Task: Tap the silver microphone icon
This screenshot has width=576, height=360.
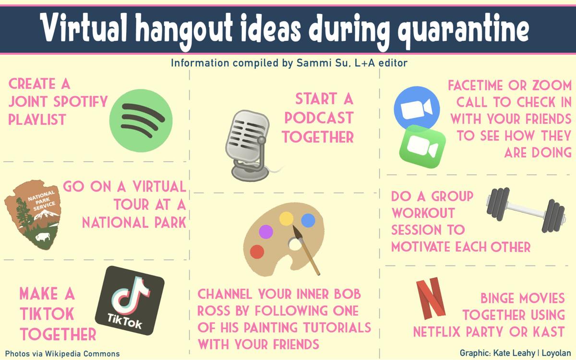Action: [248, 144]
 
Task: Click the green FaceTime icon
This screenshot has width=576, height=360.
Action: [422, 146]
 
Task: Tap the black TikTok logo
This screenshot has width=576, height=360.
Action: [130, 300]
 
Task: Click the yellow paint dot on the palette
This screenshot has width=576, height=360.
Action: [286, 219]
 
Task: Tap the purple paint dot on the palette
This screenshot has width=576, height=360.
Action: [265, 232]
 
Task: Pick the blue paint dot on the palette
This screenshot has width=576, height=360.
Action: [308, 220]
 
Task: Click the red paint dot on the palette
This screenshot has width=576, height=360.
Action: [257, 252]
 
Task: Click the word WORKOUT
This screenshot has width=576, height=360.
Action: [422, 213]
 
